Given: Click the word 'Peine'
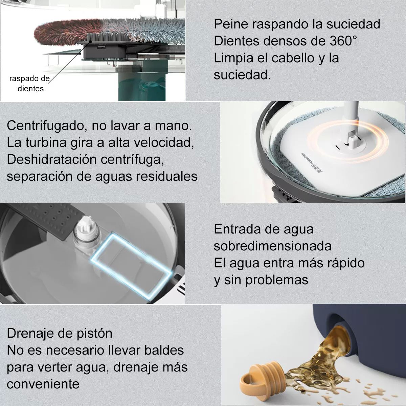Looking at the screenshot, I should click(230, 24).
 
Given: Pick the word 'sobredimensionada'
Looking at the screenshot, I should click(272, 246).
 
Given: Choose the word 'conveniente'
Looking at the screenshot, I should click(43, 384).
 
